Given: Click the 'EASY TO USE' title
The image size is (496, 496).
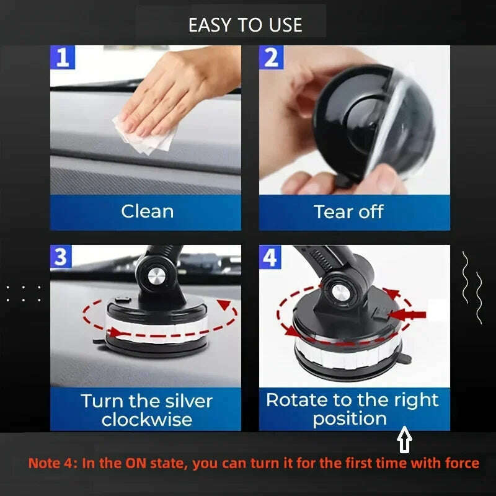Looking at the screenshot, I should coord(246,25).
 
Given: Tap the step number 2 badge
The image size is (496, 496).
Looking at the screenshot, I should coord(271,58).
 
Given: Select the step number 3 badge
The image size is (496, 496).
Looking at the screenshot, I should coord(61,256).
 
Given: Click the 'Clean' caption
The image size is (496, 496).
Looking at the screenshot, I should coord(147,211).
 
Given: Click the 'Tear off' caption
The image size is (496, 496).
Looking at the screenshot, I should coord(348,211).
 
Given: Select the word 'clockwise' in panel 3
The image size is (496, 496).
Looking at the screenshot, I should coord(146,419).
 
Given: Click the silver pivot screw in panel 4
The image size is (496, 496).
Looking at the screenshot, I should coord(340,291).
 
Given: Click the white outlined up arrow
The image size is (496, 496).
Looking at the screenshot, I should coord(404,441).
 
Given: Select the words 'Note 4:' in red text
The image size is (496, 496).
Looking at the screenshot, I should coord(50,463).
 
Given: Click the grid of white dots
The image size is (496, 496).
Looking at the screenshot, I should coord(23,293).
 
